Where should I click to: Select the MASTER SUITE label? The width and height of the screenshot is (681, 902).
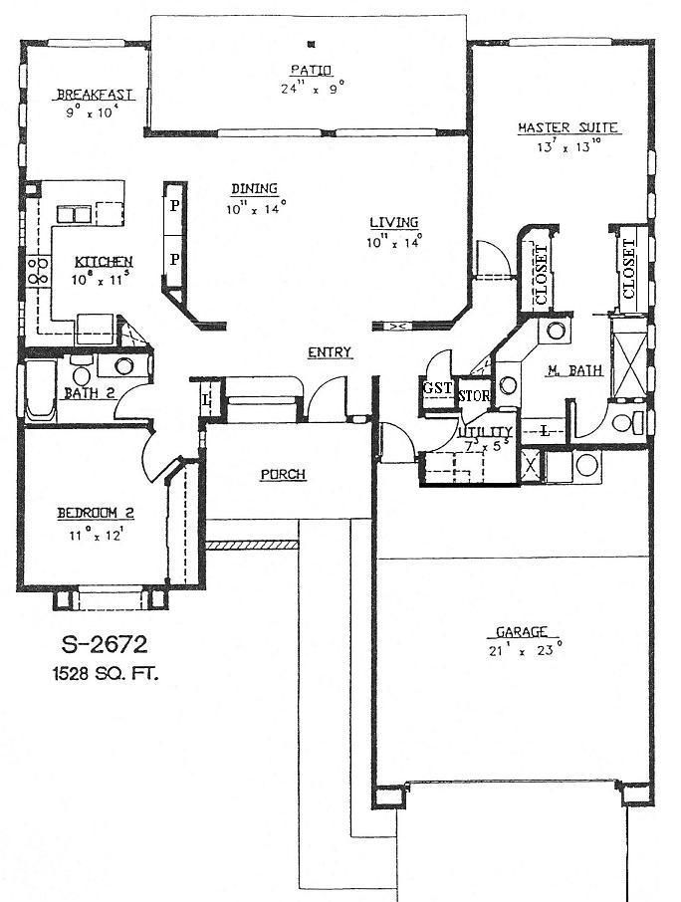pyautogui.click(x=568, y=127)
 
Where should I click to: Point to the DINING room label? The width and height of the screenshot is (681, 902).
pyautogui.click(x=254, y=188)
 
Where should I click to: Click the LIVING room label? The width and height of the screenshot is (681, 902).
pyautogui.click(x=393, y=222)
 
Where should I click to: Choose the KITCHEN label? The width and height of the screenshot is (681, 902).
pyautogui.click(x=104, y=261)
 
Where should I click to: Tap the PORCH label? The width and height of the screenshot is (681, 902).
pyautogui.click(x=283, y=474)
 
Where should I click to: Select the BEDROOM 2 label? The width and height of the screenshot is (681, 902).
pyautogui.click(x=95, y=513)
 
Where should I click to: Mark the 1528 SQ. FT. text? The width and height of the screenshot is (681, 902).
pyautogui.click(x=105, y=673)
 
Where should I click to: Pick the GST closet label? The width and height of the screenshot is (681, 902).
pyautogui.click(x=435, y=388)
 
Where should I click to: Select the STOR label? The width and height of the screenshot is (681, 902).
pyautogui.click(x=472, y=395)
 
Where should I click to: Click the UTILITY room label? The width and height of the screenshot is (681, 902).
pyautogui.click(x=485, y=430)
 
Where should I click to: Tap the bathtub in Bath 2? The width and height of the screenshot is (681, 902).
pyautogui.click(x=42, y=391)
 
